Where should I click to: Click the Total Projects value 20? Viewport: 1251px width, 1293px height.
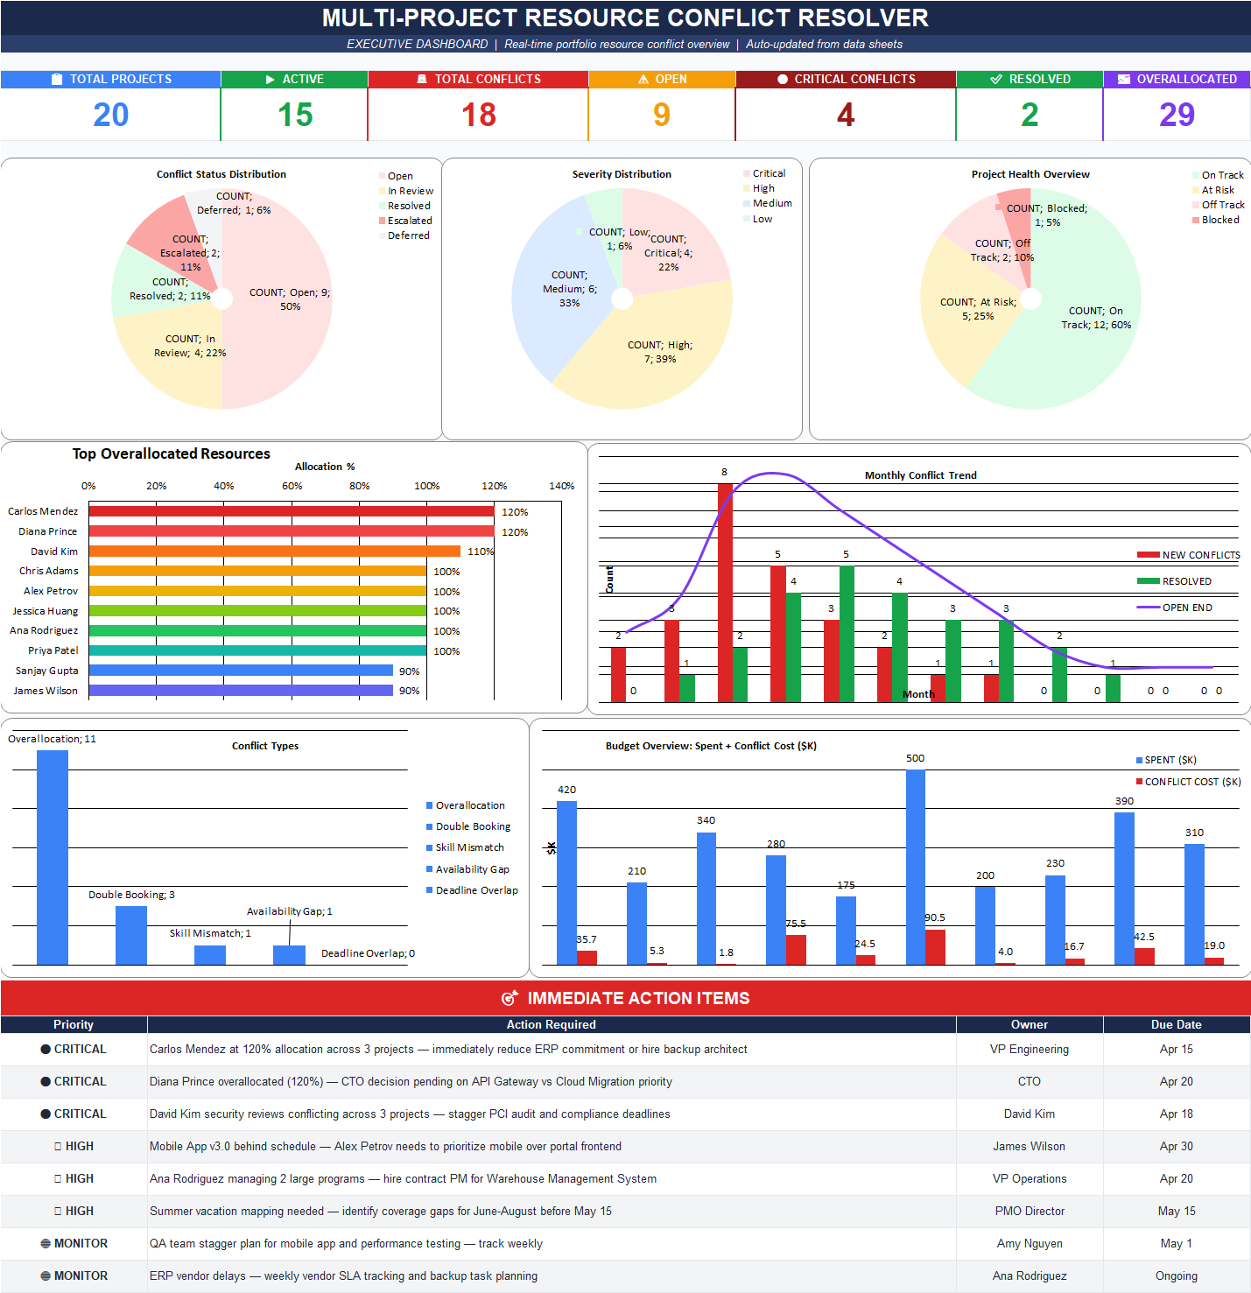tap(110, 115)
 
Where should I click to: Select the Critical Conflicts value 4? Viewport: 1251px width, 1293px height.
tap(845, 115)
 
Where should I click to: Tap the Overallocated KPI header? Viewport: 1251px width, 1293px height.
tap(1177, 79)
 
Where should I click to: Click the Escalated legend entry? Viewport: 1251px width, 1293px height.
tap(409, 221)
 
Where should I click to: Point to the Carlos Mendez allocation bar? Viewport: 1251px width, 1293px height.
tap(291, 511)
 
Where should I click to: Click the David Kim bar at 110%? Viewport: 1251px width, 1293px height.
tap(274, 552)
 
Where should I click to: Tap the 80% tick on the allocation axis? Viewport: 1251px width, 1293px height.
tap(359, 486)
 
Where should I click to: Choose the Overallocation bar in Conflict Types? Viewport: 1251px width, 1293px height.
tap(53, 858)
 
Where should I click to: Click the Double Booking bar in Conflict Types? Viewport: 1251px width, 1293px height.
tap(131, 935)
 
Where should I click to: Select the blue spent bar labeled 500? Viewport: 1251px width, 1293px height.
tap(915, 867)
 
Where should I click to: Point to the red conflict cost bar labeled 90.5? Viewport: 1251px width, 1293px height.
tap(935, 947)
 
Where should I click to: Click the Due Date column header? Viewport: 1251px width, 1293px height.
tap(1176, 1024)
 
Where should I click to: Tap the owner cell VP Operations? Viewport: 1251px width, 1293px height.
tap(1030, 1178)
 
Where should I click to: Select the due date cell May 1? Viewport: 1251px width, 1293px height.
tap(1176, 1243)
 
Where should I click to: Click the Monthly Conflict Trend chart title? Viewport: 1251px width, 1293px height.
tap(920, 475)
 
